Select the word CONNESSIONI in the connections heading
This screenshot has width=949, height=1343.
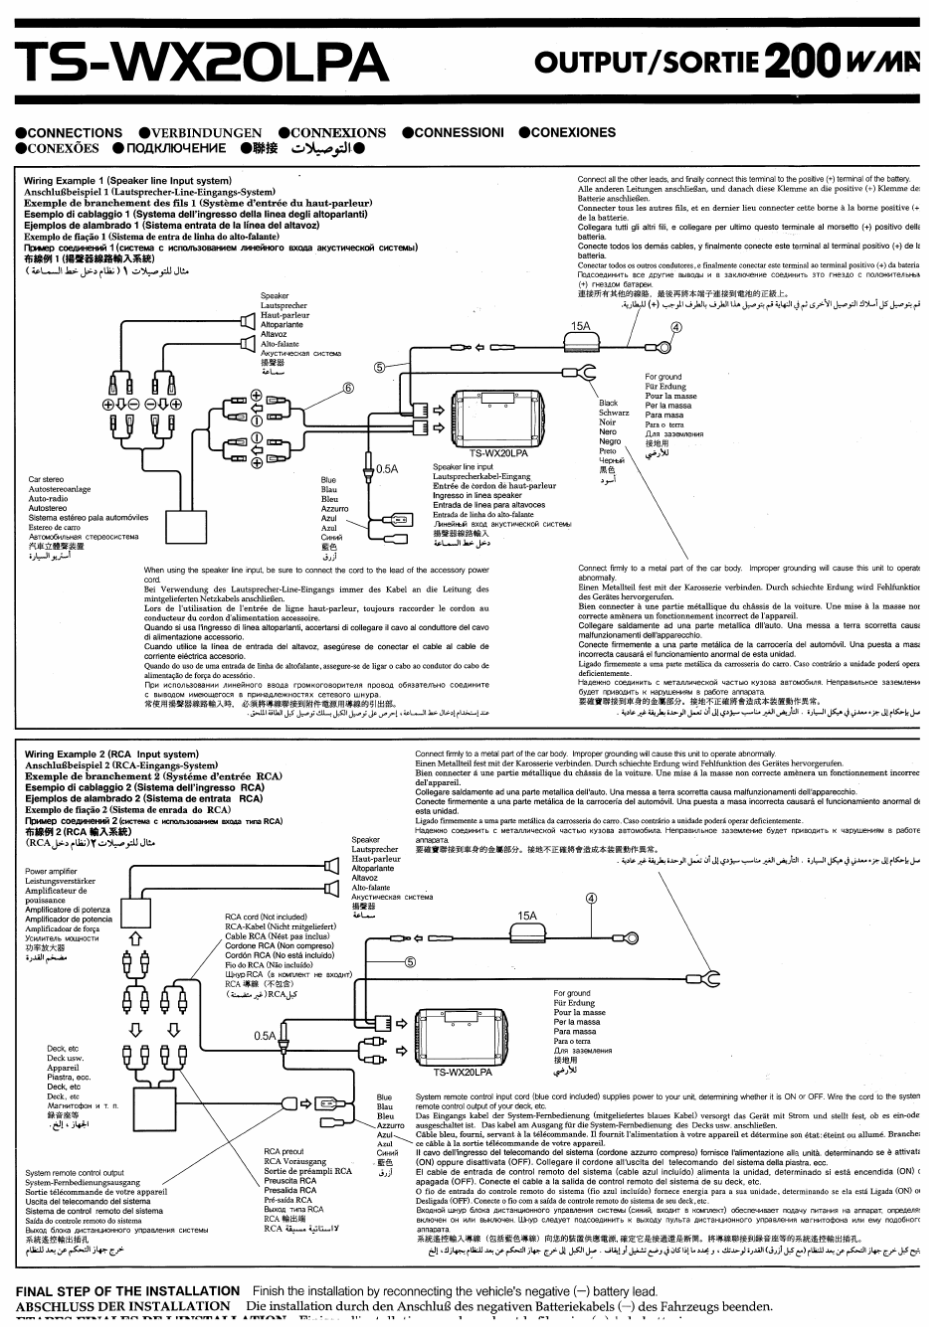[x=459, y=132]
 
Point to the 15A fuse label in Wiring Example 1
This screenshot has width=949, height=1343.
[x=580, y=325]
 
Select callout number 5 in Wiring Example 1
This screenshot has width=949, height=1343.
[x=379, y=366]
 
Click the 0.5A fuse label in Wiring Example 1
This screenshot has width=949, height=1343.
[x=387, y=468]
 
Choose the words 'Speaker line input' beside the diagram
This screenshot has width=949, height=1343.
[x=463, y=467]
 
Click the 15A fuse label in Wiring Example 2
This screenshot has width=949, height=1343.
[x=526, y=917]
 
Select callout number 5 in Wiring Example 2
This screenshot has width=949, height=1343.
[x=409, y=961]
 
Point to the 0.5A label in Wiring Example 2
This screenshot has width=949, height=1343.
[x=264, y=1036]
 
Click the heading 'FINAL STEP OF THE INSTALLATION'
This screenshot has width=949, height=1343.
[x=128, y=1290]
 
